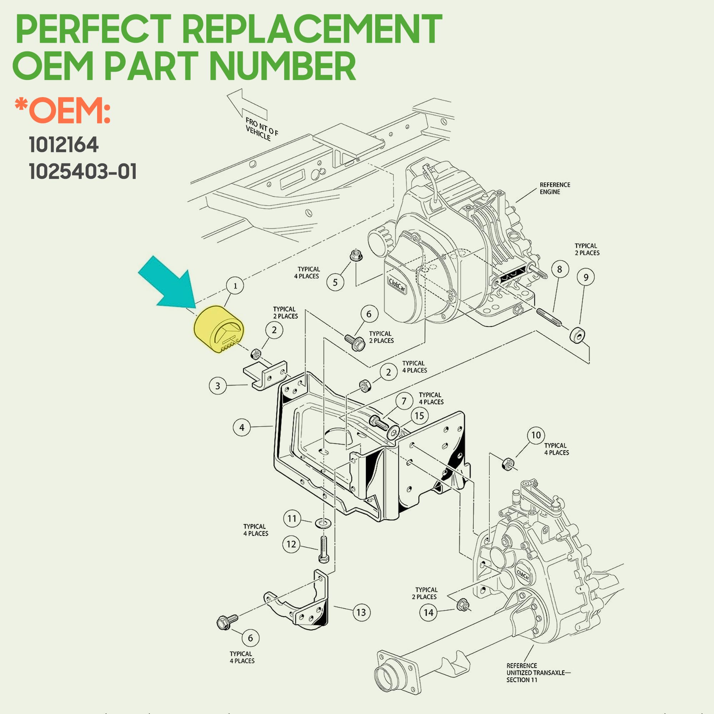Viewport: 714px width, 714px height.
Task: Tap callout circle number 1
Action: [x=235, y=286]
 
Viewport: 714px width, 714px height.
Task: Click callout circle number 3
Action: [x=218, y=386]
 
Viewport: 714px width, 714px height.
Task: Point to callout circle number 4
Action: [x=242, y=427]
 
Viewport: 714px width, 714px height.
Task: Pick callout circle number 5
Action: [x=335, y=282]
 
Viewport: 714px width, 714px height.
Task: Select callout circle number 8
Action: [x=559, y=270]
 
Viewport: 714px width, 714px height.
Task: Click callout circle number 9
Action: [x=586, y=277]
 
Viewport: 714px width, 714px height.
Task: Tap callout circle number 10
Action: [x=536, y=435]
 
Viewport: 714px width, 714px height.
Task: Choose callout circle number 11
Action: [x=292, y=518]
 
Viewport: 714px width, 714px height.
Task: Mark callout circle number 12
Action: [x=291, y=544]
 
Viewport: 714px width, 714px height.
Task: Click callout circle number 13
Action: [x=361, y=612]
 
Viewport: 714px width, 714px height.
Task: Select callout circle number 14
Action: [x=428, y=612]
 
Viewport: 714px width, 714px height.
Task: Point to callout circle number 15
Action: [x=419, y=416]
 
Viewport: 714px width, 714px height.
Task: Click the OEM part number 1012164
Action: [x=64, y=145]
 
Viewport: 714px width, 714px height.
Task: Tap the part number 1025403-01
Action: [x=83, y=171]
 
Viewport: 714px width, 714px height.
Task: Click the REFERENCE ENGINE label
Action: [x=554, y=188]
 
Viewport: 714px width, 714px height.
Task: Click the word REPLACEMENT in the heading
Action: [x=312, y=30]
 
